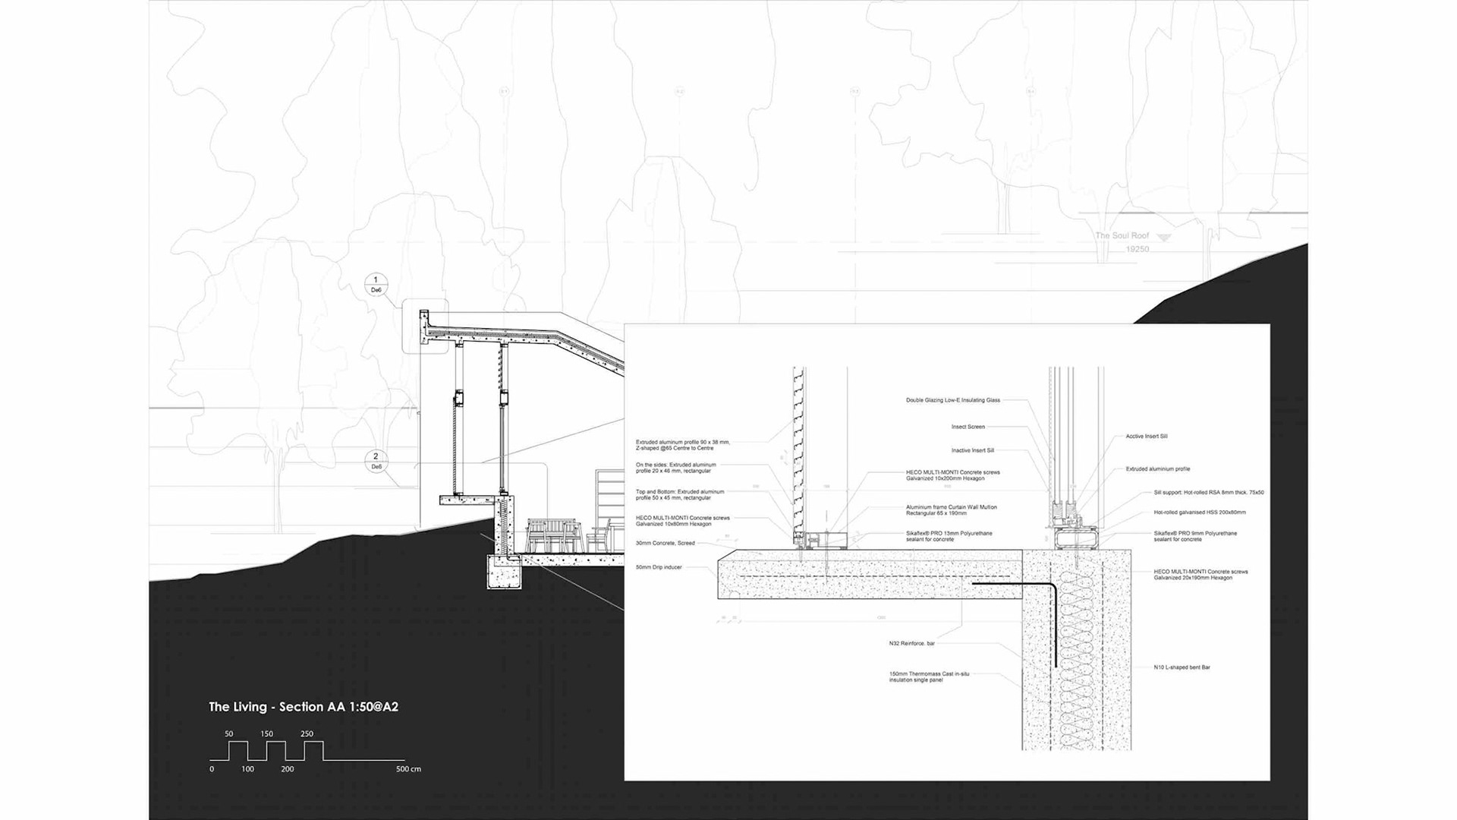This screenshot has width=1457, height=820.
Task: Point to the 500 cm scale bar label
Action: [408, 769]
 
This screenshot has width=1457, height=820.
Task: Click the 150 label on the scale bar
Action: [266, 734]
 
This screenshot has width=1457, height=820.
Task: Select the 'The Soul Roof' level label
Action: [1122, 236]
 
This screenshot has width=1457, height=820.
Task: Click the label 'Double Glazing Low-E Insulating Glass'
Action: [952, 400]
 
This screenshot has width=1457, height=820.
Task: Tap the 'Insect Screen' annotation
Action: [968, 427]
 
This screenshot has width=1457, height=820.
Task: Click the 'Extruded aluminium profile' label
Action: [1157, 469]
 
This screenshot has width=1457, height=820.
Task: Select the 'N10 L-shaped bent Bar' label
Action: [1182, 667]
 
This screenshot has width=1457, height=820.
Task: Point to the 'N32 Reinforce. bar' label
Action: [911, 644]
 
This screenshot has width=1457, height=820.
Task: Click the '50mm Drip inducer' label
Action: [659, 567]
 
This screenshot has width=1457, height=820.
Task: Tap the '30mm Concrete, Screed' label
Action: [665, 543]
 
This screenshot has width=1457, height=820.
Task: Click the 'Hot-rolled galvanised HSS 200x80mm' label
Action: [1199, 512]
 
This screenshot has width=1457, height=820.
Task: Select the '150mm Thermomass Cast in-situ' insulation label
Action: [929, 676]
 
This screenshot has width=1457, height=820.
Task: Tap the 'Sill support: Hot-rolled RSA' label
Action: [1208, 493]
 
